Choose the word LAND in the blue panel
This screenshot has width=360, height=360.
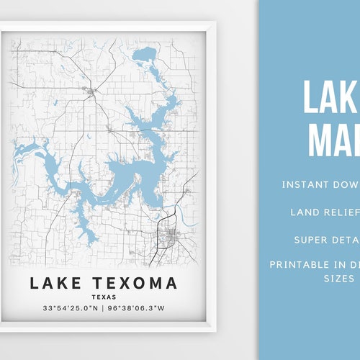305,212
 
